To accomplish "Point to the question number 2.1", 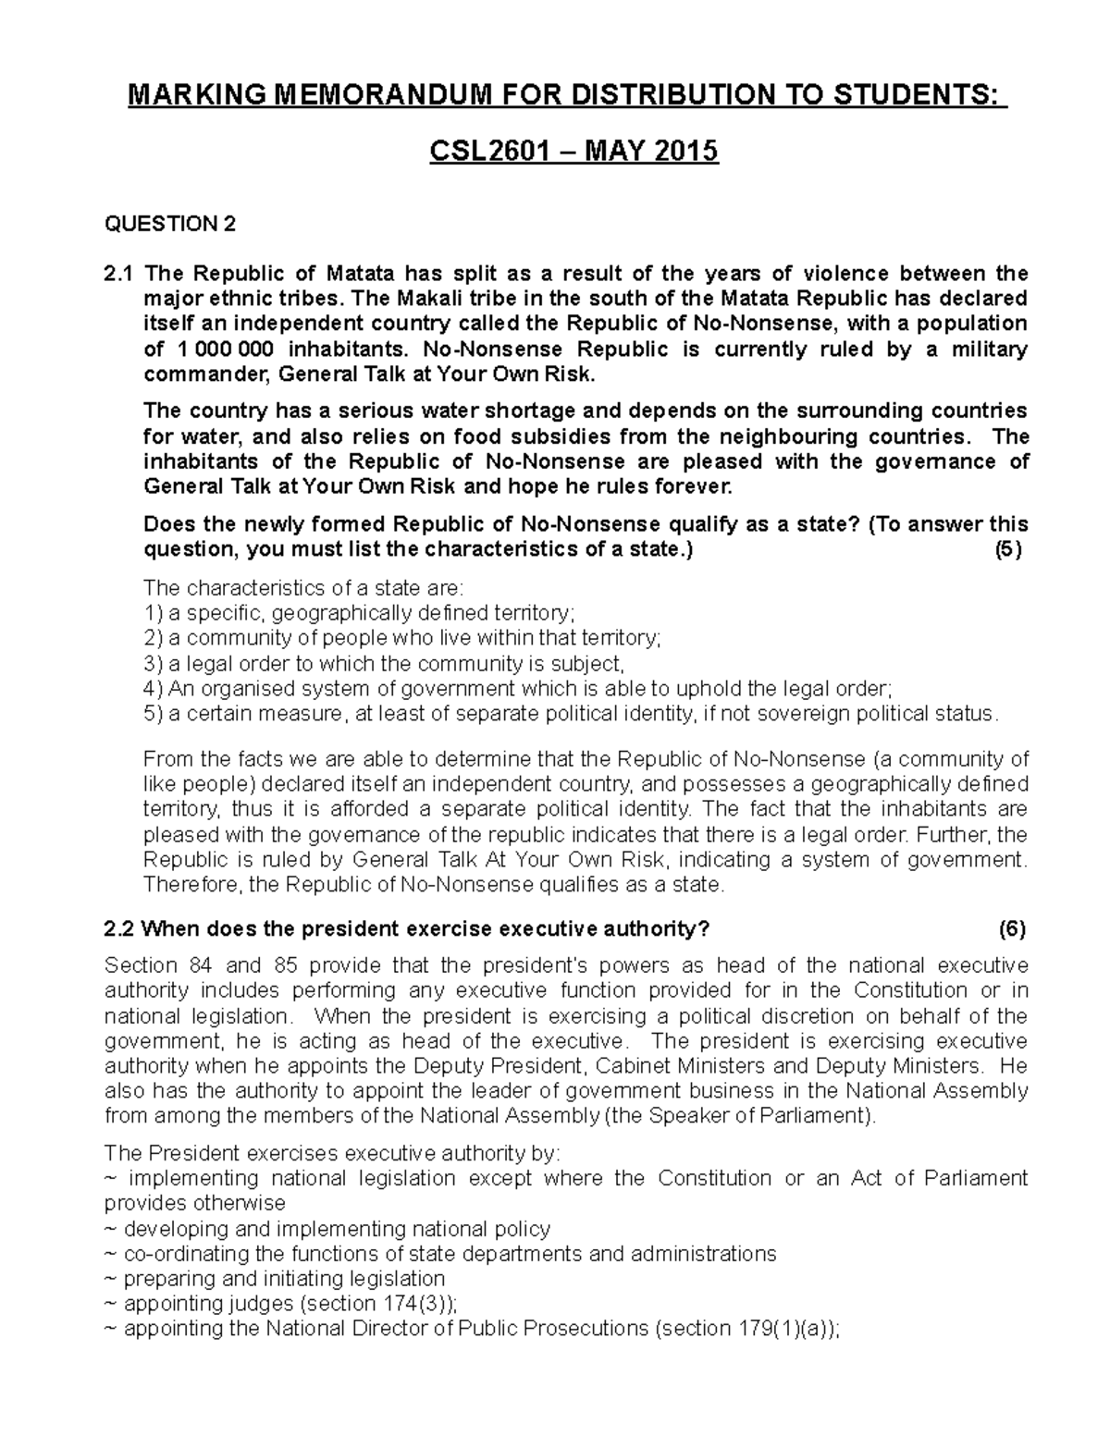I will click(x=118, y=274).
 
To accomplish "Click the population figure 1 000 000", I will click(x=223, y=349).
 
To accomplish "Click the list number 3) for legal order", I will click(x=153, y=664).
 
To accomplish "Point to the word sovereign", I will click(x=795, y=714).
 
